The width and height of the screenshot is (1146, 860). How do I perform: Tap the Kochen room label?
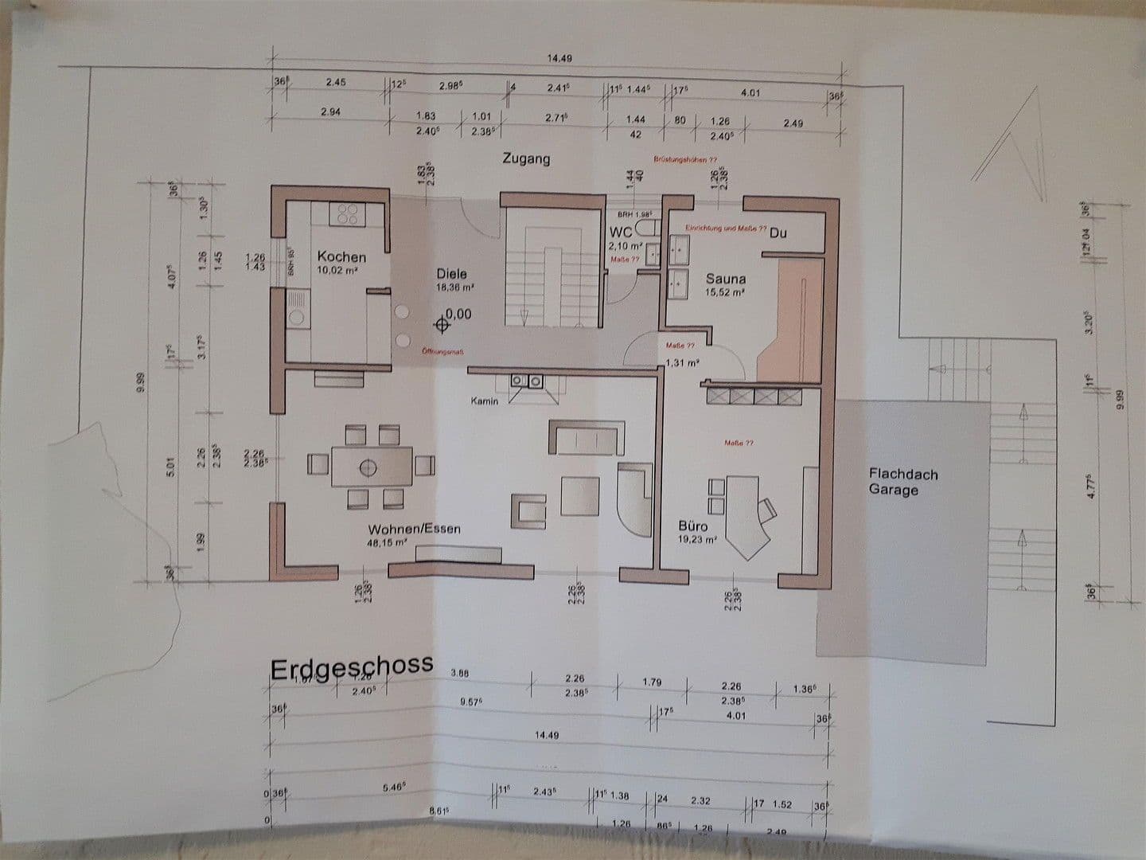(341, 256)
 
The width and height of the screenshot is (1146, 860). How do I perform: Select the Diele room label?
(451, 273)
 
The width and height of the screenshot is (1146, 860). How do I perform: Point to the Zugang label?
(525, 158)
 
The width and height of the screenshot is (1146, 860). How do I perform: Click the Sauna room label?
(726, 279)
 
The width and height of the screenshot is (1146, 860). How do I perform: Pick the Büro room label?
(692, 526)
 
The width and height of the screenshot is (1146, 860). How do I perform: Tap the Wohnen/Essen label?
(414, 529)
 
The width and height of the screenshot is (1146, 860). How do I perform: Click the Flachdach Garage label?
(903, 482)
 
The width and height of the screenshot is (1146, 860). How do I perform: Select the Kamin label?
(484, 401)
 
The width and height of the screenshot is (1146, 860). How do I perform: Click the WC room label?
(620, 233)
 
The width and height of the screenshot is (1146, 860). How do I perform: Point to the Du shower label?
(778, 233)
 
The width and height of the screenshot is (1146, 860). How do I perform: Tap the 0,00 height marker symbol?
(442, 324)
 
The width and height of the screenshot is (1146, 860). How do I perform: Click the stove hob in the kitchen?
(348, 213)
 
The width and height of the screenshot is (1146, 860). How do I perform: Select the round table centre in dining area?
(368, 467)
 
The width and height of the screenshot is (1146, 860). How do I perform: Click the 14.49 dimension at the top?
(559, 58)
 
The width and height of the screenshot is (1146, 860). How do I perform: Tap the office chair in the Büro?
(767, 509)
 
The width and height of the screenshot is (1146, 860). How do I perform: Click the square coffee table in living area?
(580, 495)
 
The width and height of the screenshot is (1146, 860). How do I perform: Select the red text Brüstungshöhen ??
(685, 159)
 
